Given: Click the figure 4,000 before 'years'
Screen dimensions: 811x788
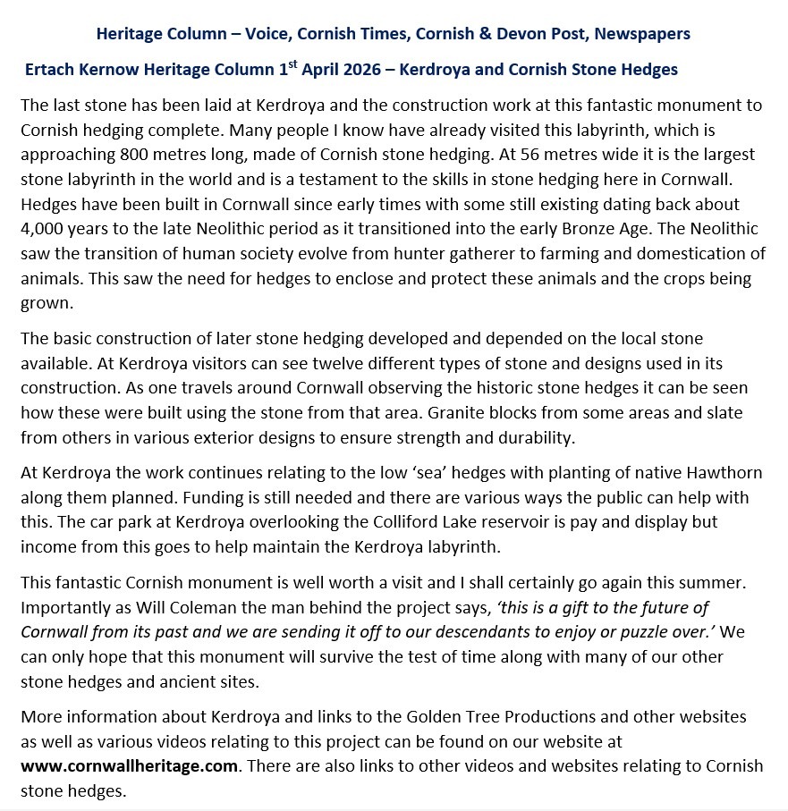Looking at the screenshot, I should [41, 227].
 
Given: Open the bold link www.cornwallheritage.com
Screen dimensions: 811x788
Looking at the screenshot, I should [129, 766].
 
